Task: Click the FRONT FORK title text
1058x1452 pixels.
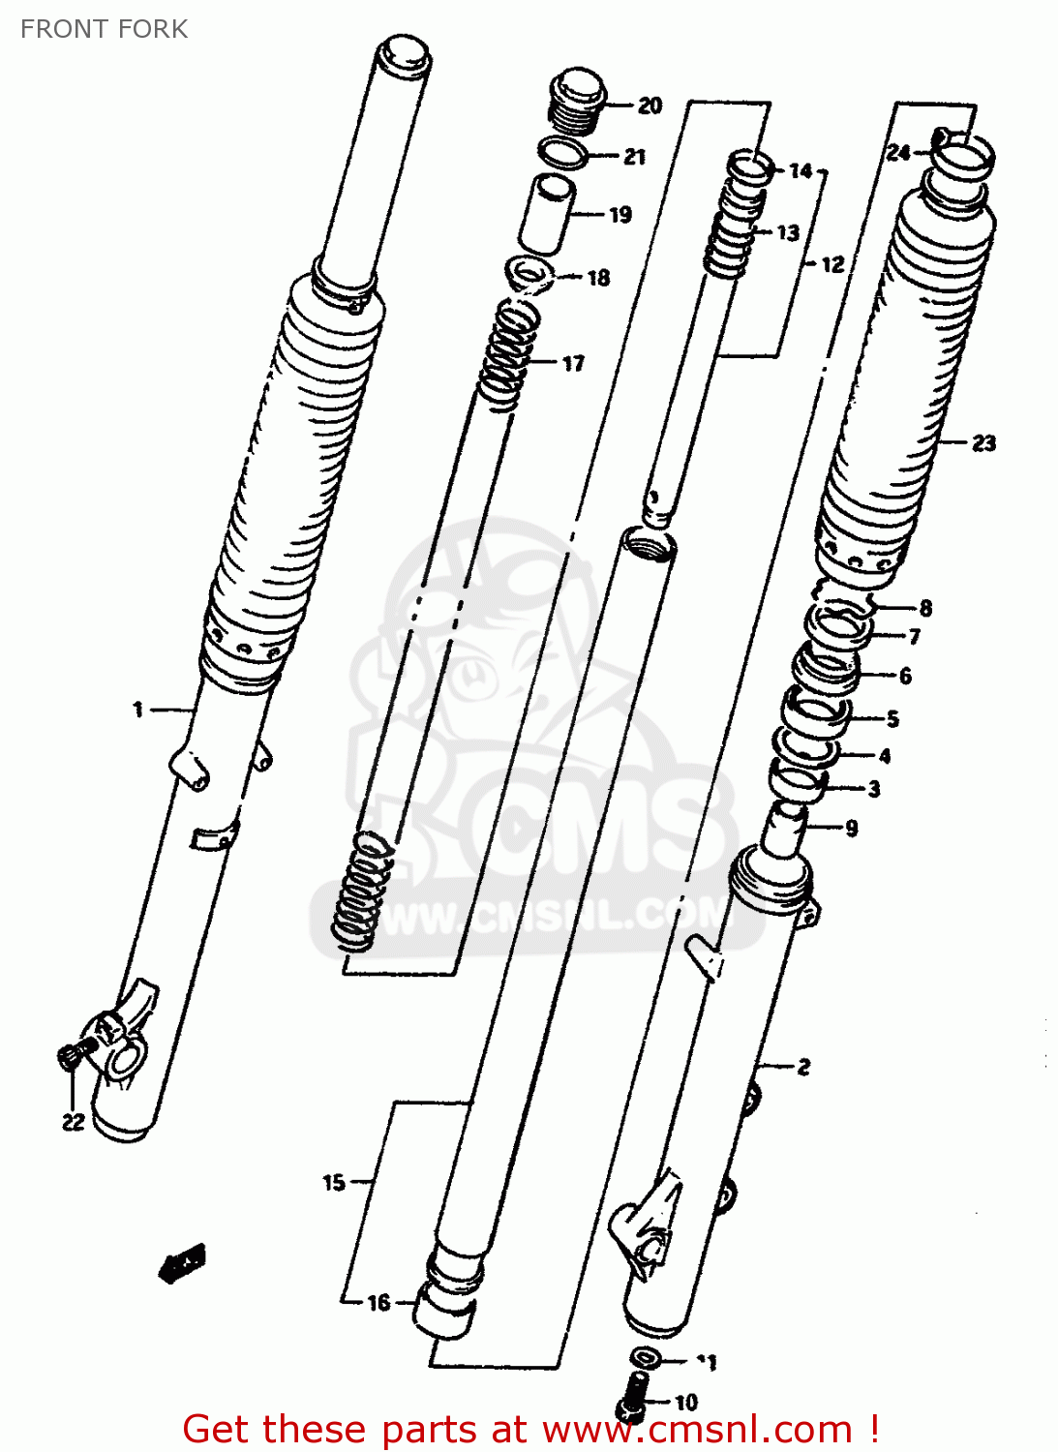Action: (104, 29)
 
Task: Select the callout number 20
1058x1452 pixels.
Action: (650, 106)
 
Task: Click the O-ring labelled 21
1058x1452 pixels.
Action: (561, 152)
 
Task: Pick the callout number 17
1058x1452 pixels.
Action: (573, 364)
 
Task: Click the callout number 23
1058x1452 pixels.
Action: (983, 443)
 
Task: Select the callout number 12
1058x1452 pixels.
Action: (832, 264)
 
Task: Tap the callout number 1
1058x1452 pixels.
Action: (137, 711)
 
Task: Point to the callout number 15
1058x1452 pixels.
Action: (334, 1182)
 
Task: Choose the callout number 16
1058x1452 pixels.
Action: (378, 1303)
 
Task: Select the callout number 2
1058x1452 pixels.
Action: (803, 1067)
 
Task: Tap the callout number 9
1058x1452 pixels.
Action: (851, 828)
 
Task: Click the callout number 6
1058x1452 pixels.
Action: (905, 676)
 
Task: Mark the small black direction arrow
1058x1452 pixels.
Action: (182, 1262)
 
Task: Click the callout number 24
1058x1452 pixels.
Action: (898, 152)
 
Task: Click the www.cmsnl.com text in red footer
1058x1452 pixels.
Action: (697, 1430)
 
